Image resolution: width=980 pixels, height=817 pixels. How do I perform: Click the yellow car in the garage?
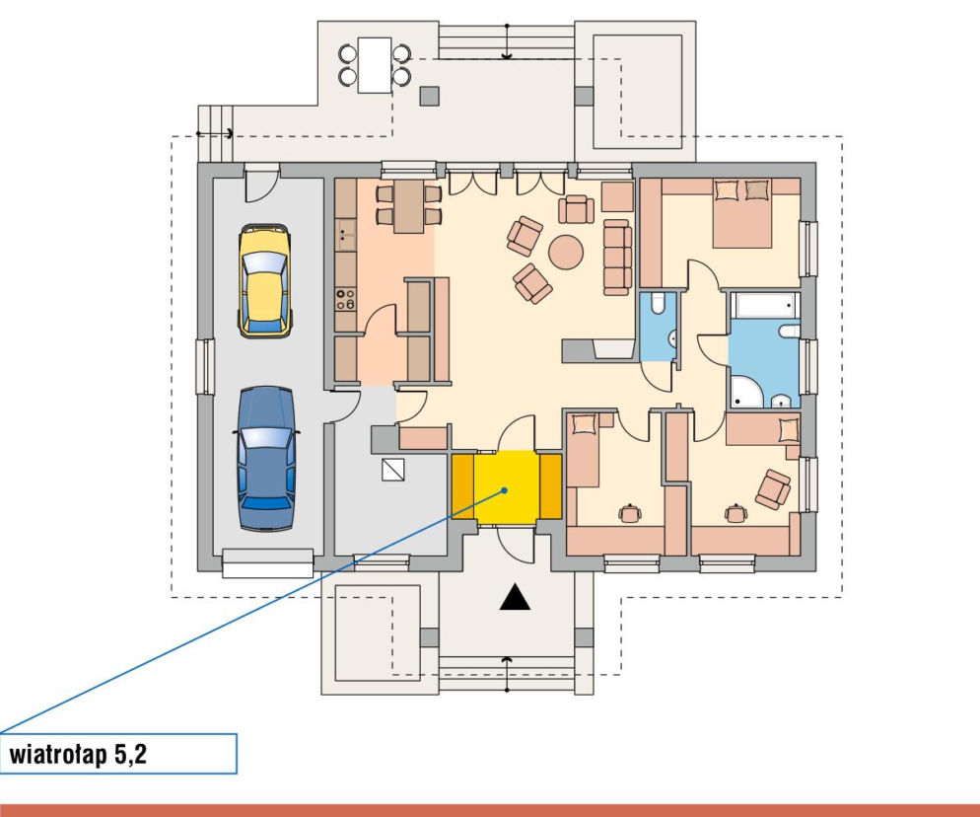265,281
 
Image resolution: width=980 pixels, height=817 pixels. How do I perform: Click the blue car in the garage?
265,459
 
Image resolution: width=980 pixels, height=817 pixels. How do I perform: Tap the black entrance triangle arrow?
515,597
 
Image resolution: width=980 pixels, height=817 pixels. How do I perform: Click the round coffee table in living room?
566,253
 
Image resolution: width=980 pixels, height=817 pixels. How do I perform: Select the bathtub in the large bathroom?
766,305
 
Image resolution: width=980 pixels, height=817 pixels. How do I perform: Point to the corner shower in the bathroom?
747,393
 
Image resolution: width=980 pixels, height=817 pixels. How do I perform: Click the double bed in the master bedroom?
741,213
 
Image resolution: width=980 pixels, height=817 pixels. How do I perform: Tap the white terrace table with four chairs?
375,65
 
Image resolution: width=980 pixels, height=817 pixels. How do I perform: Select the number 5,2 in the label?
130,755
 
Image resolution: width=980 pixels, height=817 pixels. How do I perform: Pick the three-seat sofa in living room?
617,258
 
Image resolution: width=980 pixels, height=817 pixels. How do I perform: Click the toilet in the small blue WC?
658,303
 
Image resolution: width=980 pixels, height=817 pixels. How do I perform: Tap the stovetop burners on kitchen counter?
345,300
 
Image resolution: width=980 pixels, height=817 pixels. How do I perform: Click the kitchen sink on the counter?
345,234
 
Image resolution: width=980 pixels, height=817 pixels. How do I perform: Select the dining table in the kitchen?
409,205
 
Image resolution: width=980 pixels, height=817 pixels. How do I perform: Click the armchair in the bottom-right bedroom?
773,489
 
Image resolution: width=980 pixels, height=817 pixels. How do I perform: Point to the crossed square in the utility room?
393,470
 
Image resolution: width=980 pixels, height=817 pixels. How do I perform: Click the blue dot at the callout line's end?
505,490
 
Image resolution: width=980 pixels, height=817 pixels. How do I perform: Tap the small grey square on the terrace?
430,96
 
